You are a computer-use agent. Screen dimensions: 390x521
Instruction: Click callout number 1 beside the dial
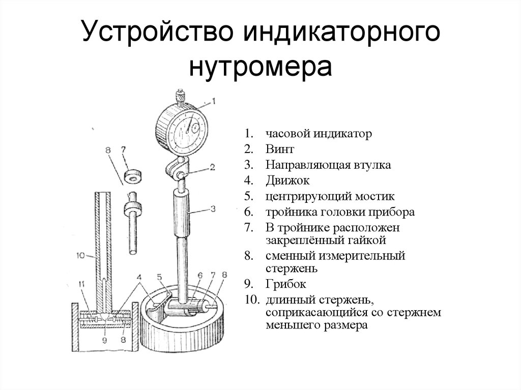[x=214, y=101]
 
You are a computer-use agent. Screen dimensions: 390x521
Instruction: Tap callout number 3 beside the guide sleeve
[x=213, y=208]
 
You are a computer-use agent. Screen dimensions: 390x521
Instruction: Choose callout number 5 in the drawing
[x=159, y=277]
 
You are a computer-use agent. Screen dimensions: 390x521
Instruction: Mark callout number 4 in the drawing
[x=139, y=277]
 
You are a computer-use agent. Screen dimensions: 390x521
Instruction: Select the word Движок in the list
[x=286, y=181]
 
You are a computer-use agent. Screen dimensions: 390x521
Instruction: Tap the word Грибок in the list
[x=285, y=283]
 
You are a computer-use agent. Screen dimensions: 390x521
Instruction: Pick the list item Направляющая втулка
[x=328, y=165]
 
